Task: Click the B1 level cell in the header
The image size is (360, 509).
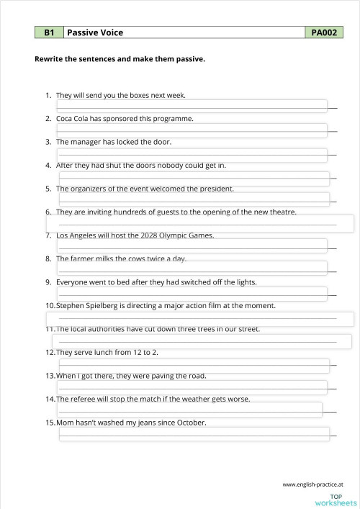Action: pos(49,32)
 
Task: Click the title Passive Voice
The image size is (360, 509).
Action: pos(95,32)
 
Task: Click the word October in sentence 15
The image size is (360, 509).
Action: pos(190,423)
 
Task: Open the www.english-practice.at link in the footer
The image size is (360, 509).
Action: pos(312,485)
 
